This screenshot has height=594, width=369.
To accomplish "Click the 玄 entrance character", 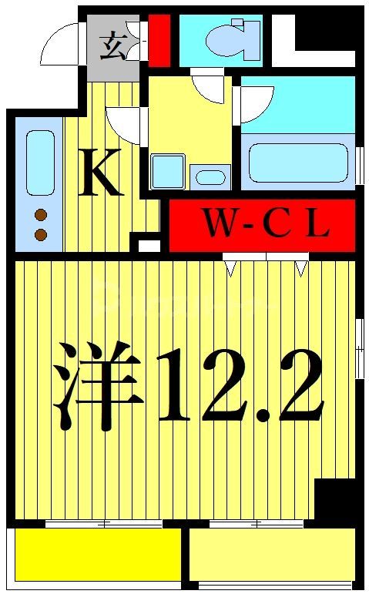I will click(112, 47).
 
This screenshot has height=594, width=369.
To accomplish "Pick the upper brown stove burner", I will click(41, 216).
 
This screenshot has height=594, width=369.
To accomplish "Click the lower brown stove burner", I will click(41, 234).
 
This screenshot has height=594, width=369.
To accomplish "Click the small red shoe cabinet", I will click(159, 39).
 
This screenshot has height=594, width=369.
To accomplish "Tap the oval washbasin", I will click(210, 177).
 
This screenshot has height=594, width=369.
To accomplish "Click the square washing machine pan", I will click(168, 171).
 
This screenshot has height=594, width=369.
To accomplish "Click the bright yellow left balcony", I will click(97, 554).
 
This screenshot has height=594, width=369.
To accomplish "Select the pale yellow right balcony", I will click(271, 553).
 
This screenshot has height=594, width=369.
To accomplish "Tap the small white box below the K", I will click(149, 246).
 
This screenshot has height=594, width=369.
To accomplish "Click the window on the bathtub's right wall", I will click(361, 164).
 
